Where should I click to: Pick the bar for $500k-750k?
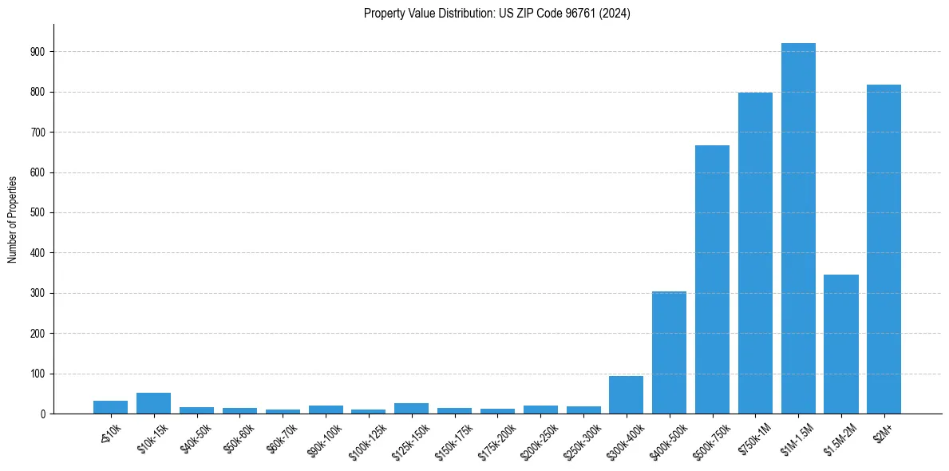[712, 279]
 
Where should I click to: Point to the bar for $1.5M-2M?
[841, 344]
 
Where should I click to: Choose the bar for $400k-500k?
[669, 352]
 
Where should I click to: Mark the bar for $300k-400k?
[626, 394]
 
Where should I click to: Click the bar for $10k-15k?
[153, 403]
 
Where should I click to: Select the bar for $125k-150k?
[411, 408]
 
